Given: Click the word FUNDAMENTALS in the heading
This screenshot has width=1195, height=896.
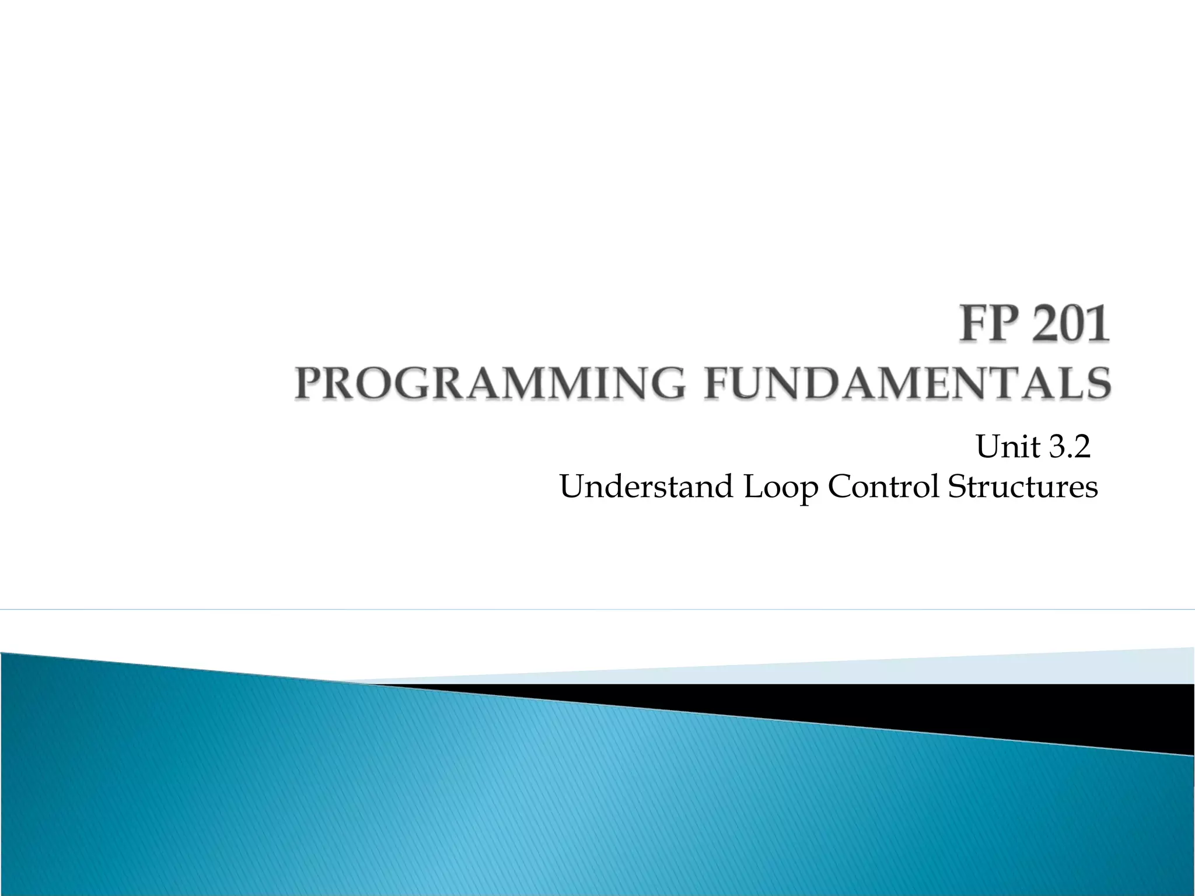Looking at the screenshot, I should point(907,383).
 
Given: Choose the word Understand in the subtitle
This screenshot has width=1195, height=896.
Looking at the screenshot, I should point(646,487).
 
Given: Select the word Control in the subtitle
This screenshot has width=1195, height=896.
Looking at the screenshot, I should point(883,487).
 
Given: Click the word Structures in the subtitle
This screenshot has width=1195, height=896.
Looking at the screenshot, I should point(1022,487).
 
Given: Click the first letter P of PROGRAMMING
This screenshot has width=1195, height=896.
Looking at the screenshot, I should point(308,383).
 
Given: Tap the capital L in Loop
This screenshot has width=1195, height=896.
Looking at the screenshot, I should point(753,487).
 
